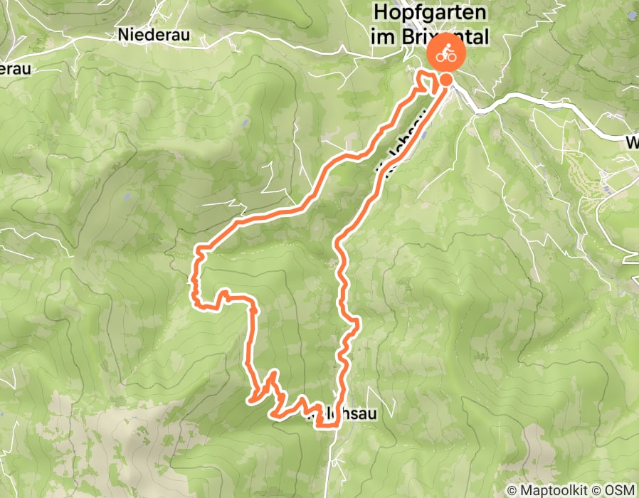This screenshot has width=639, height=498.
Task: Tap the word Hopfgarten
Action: coord(431,13)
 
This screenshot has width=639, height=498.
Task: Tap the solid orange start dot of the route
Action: coord(446,80)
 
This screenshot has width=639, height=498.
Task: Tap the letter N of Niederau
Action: coord(124,33)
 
